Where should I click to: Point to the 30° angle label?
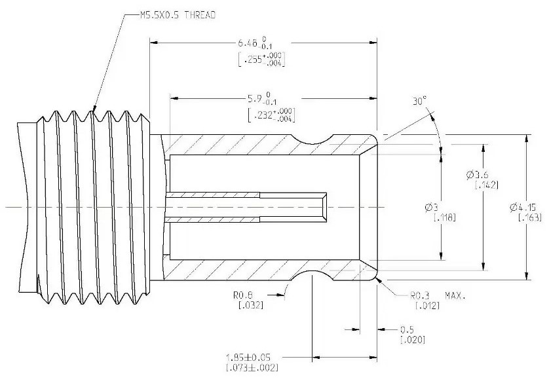[x=419, y=102]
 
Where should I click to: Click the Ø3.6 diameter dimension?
[x=477, y=174]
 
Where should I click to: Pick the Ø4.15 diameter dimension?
[x=522, y=207]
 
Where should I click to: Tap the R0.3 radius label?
[x=420, y=295]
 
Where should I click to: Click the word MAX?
[x=455, y=295]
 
